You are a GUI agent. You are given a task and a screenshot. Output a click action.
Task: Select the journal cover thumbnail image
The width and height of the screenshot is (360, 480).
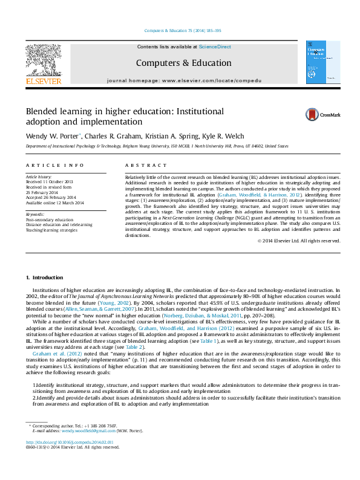click(319, 62)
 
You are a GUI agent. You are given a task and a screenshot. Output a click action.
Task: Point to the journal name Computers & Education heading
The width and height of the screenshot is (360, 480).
click(183, 63)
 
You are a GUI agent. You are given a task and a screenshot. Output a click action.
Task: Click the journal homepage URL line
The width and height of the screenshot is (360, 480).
click(184, 80)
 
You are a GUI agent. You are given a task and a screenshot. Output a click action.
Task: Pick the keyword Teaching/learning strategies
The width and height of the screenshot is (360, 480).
click(52, 230)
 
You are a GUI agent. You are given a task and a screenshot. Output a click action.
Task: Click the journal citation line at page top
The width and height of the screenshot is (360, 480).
click(183, 31)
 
